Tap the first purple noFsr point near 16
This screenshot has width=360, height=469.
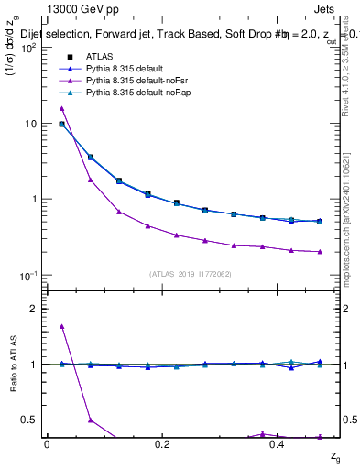(61, 108)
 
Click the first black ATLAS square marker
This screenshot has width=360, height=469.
(61, 124)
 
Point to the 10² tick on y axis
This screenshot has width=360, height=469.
(30, 48)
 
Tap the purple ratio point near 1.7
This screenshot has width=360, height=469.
(61, 326)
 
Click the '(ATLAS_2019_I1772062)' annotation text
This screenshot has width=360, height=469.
(191, 274)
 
